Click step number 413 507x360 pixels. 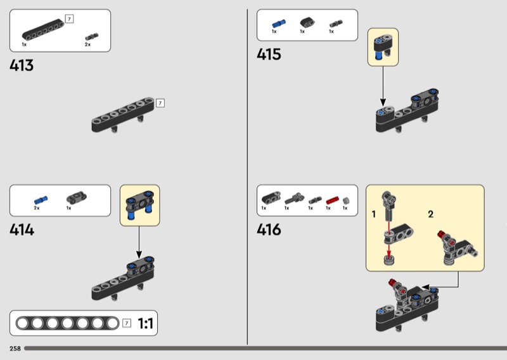coord(22,65)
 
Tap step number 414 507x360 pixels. coord(22,229)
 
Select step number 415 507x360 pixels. coord(269,55)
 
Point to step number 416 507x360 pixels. coord(269,229)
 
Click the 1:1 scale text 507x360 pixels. coord(146,324)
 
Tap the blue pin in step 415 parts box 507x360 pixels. coord(275,23)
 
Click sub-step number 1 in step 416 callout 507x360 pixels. coord(374,214)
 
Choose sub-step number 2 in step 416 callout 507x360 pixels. coord(430,214)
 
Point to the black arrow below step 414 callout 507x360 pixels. coord(139,241)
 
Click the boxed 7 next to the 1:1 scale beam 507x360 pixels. coord(127,324)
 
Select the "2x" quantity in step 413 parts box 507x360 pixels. coord(87,45)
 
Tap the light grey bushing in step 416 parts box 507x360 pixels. coord(345,200)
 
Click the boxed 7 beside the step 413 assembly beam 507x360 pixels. coord(160,103)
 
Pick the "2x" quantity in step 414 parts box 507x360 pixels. coord(37,209)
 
